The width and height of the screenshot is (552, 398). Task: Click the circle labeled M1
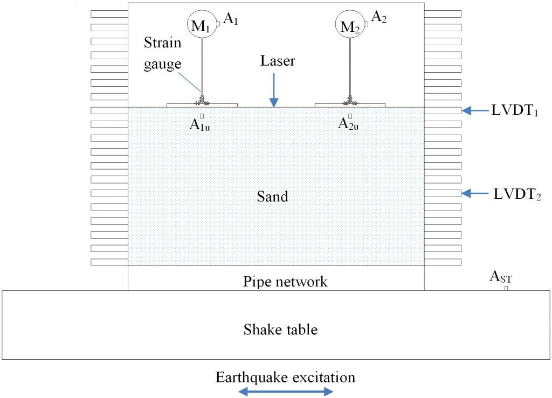(201, 24)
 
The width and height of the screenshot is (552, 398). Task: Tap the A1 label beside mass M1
(231, 19)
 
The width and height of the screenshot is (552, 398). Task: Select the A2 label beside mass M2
(379, 19)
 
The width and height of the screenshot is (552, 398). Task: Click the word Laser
(278, 61)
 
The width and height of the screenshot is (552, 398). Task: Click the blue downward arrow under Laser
(274, 89)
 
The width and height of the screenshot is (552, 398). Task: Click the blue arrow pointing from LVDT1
(474, 111)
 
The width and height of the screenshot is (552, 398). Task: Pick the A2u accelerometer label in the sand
(349, 124)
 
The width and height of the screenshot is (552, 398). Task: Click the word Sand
(272, 196)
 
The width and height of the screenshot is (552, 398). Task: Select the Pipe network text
(285, 281)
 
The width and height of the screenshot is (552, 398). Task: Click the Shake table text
(280, 329)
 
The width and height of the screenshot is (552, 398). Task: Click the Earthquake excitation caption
(285, 377)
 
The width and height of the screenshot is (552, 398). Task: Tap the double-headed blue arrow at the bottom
(285, 392)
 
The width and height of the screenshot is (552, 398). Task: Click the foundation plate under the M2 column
(350, 104)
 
